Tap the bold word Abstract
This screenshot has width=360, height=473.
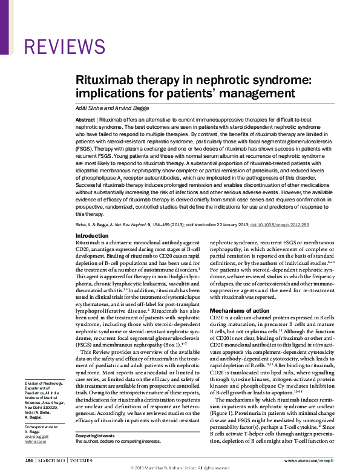point(85,121)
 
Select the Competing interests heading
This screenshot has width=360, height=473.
point(95,436)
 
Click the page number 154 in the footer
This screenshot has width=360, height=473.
point(29,461)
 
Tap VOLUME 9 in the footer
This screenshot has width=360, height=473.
point(82,461)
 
